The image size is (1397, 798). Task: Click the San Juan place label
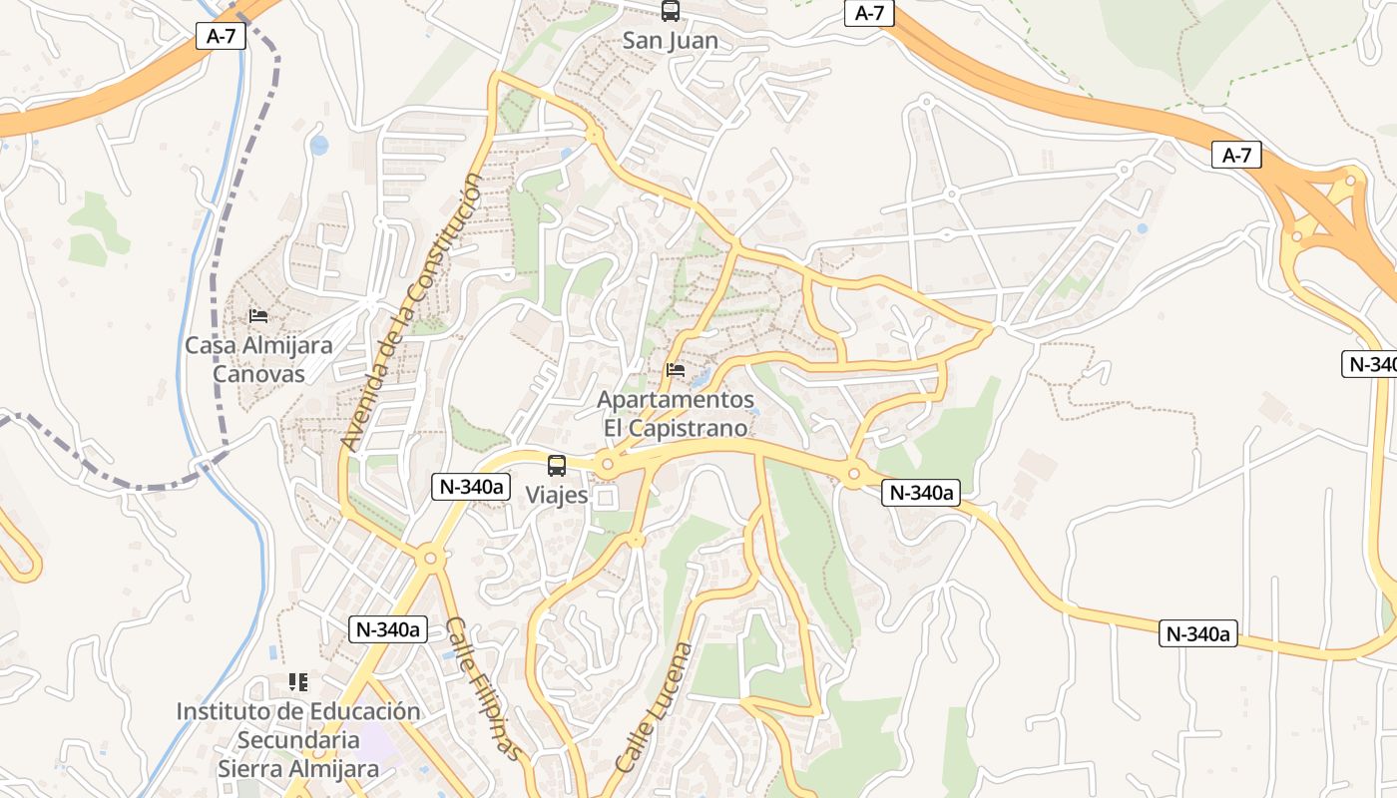click(670, 41)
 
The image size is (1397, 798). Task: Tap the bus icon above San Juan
click(670, 11)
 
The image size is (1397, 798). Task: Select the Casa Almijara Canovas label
click(258, 359)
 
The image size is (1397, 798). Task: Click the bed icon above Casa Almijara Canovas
click(258, 316)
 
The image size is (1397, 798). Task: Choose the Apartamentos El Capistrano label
click(676, 413)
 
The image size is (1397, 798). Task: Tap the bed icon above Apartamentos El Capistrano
click(676, 371)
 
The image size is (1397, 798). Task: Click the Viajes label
click(557, 496)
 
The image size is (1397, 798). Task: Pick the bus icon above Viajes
click(557, 465)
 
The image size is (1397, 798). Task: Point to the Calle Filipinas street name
click(483, 688)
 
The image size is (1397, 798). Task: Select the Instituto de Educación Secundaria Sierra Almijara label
click(298, 740)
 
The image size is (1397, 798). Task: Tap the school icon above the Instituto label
click(298, 682)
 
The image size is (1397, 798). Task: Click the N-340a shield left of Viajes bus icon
click(471, 487)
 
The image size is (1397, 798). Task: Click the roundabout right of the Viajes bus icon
click(607, 464)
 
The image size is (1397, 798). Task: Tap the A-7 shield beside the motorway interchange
click(1236, 155)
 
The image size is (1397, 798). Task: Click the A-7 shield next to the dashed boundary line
click(221, 37)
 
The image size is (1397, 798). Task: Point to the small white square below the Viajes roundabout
click(606, 497)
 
